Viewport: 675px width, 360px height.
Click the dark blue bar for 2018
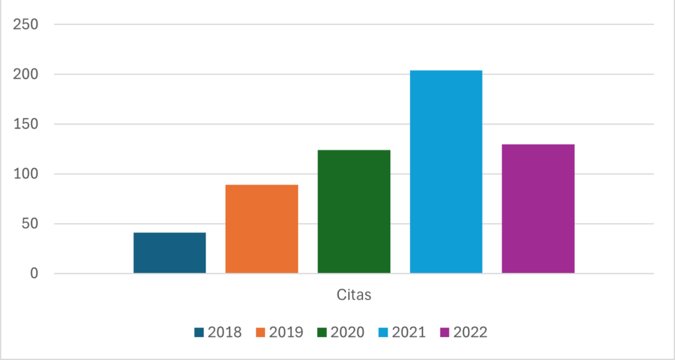(169, 253)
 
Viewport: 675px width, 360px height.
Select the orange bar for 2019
(262, 229)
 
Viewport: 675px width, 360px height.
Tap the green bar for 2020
(354, 212)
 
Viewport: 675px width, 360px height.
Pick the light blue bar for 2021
(446, 171)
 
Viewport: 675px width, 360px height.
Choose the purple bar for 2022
(538, 208)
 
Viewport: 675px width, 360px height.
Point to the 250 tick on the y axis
(26, 24)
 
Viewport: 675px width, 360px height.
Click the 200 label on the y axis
(26, 75)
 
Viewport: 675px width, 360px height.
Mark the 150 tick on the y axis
(26, 124)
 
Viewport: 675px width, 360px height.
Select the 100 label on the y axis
(26, 174)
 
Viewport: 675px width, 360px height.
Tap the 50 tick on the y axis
(30, 224)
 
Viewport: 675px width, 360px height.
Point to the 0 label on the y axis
(34, 274)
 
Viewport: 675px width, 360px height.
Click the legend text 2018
(225, 332)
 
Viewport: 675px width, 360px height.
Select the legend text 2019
(286, 332)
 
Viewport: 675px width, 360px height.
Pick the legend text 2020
(347, 332)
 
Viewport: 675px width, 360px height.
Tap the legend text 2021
(409, 332)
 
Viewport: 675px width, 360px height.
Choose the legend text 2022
(470, 332)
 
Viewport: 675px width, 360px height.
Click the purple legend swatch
(445, 332)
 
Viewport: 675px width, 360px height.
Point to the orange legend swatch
(261, 332)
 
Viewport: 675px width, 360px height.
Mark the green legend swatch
(322, 332)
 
